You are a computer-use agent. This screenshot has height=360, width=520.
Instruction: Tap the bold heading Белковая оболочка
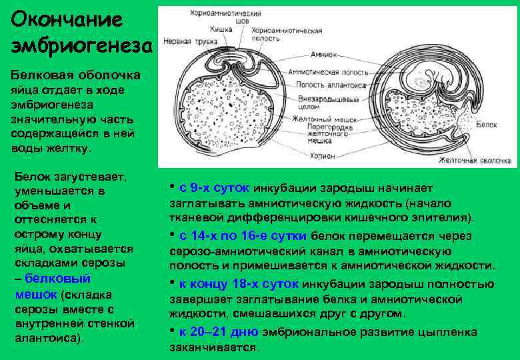[75, 74]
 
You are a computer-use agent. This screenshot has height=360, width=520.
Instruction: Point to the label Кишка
[221, 29]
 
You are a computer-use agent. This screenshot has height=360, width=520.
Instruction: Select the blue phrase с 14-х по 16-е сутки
[243, 236]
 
